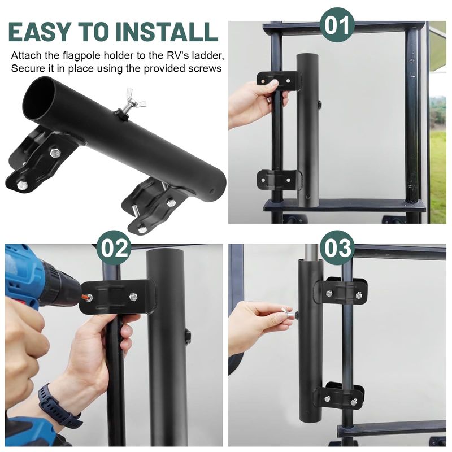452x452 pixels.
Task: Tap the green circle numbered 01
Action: click(337, 25)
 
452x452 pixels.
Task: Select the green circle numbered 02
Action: click(114, 248)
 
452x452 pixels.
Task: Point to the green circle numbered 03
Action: click(337, 248)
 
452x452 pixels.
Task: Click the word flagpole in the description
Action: click(82, 55)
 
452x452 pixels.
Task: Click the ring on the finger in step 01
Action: click(268, 101)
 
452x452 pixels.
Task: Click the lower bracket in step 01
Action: click(280, 179)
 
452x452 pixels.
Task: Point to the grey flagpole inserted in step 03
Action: click(311, 251)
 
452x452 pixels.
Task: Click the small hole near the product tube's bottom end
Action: click(212, 191)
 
